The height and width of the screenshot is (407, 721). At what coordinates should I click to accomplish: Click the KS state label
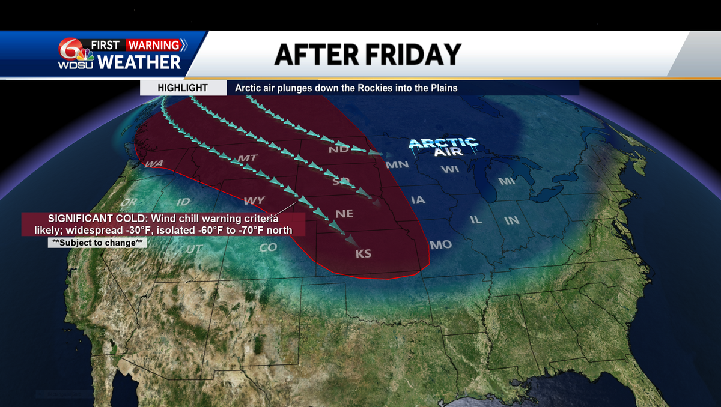pyautogui.click(x=364, y=254)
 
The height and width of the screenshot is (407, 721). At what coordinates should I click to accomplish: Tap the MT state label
pyautogui.click(x=248, y=158)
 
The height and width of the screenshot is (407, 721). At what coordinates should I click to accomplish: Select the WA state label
pyautogui.click(x=153, y=164)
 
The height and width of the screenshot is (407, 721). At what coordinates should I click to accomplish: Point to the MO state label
pyautogui.click(x=440, y=245)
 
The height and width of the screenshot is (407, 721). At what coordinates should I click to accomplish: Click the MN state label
pyautogui.click(x=397, y=164)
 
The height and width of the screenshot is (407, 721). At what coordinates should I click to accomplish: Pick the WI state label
pyautogui.click(x=449, y=169)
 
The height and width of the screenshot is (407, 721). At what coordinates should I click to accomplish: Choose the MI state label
pyautogui.click(x=507, y=181)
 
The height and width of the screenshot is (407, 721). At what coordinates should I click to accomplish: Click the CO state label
pyautogui.click(x=268, y=247)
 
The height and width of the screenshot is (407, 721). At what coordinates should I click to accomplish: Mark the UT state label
pyautogui.click(x=194, y=249)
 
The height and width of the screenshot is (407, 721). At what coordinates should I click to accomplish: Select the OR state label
pyautogui.click(x=129, y=202)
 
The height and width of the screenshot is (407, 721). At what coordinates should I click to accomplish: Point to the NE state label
pyautogui.click(x=345, y=214)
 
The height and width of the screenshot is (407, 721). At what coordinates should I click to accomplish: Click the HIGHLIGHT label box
pyautogui.click(x=183, y=88)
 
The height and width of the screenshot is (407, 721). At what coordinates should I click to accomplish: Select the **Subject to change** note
pyautogui.click(x=97, y=243)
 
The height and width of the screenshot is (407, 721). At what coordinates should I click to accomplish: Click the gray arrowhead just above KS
pyautogui.click(x=348, y=239)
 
